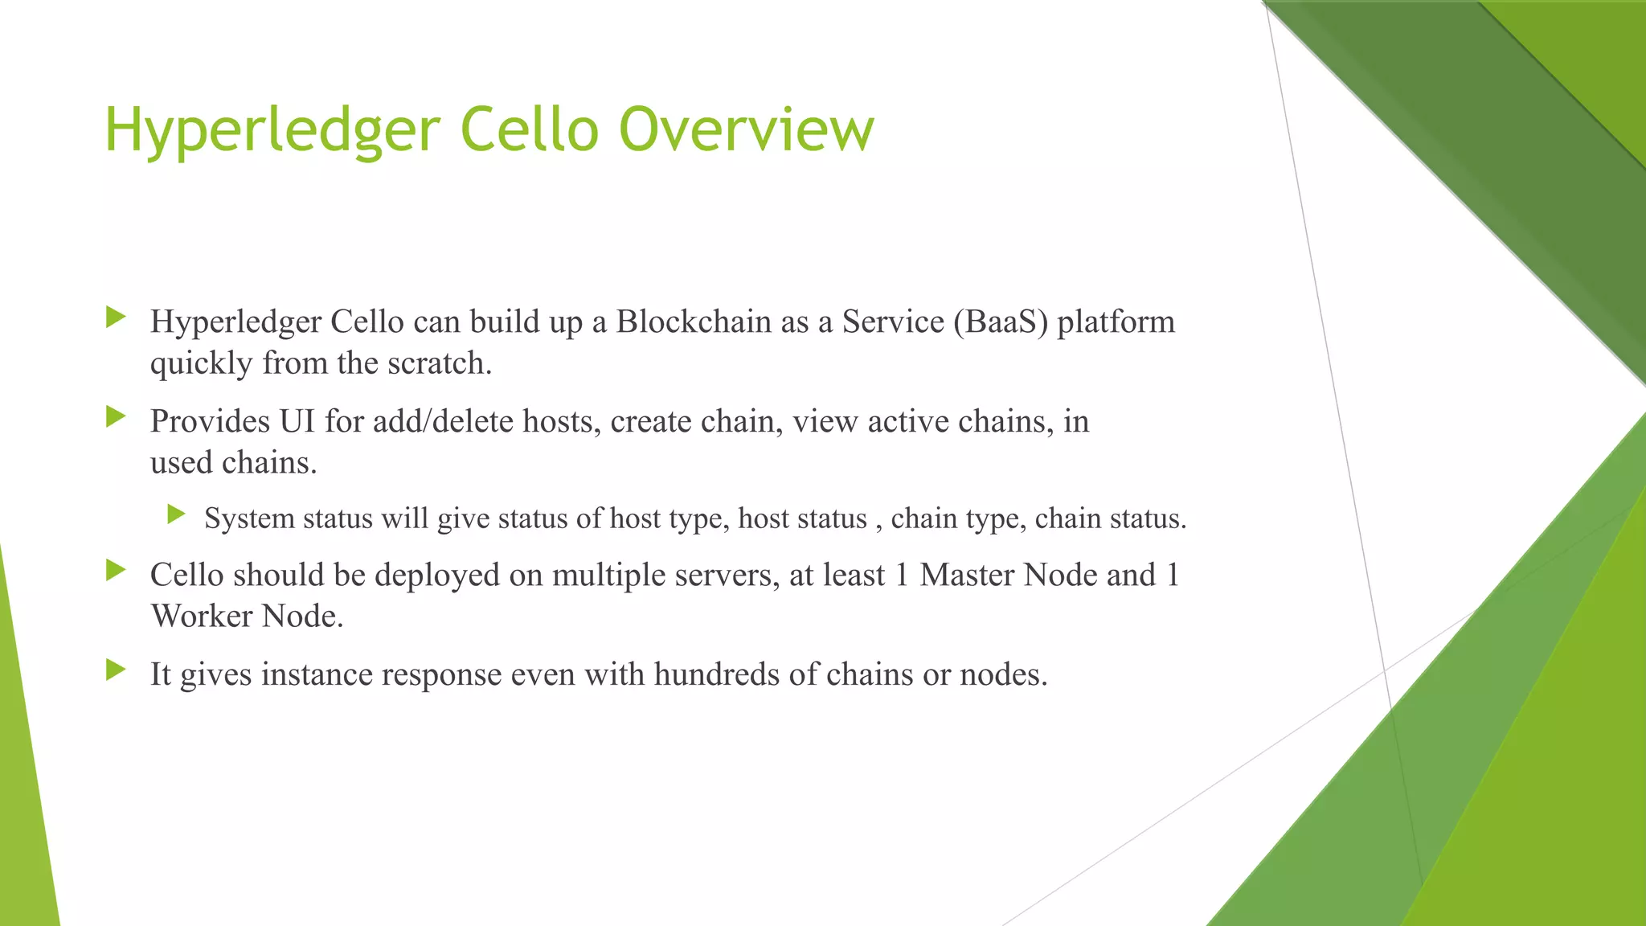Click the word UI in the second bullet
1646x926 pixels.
(x=297, y=421)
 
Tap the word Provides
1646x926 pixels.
(x=210, y=421)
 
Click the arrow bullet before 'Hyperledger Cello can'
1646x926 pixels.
(x=116, y=318)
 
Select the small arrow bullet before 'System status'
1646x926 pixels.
(x=177, y=514)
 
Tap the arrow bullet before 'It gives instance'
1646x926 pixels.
(x=116, y=670)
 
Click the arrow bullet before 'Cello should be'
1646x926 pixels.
(x=116, y=571)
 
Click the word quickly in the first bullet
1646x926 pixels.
(x=201, y=363)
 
